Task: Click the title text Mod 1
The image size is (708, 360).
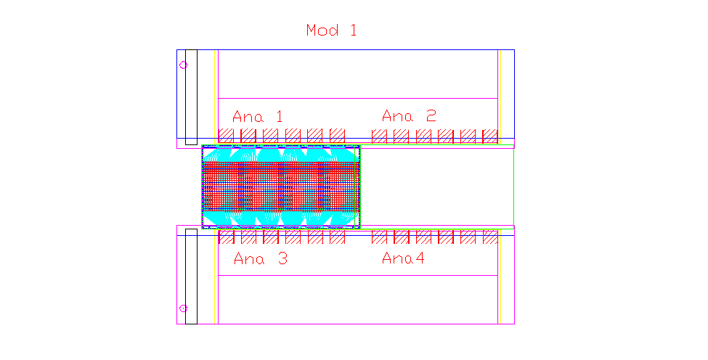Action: click(x=331, y=30)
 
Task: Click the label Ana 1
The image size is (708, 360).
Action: click(x=257, y=116)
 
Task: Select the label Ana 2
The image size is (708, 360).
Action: click(x=409, y=116)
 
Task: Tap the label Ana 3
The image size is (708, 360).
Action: click(x=261, y=258)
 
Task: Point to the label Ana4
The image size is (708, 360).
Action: click(x=403, y=258)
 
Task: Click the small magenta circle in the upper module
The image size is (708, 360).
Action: click(x=183, y=65)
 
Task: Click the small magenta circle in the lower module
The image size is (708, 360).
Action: click(x=183, y=308)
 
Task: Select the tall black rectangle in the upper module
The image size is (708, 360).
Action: click(x=192, y=97)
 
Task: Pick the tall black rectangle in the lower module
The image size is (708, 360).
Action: click(x=192, y=276)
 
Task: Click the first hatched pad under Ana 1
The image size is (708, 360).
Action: click(x=226, y=136)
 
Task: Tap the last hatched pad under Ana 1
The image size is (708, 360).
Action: click(x=337, y=136)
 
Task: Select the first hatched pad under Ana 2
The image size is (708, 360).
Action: click(x=379, y=136)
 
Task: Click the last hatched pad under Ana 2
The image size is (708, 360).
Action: click(x=490, y=136)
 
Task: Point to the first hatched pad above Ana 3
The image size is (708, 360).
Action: click(x=226, y=237)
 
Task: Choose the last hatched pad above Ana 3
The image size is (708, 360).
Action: click(x=337, y=237)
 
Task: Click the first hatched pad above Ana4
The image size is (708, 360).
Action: click(x=379, y=237)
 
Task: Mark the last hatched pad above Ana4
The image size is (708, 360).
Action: click(x=490, y=237)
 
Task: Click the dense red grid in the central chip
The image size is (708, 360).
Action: click(x=280, y=187)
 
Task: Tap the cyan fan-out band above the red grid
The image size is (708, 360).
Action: click(x=280, y=155)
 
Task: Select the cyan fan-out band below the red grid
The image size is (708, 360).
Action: click(x=280, y=218)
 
